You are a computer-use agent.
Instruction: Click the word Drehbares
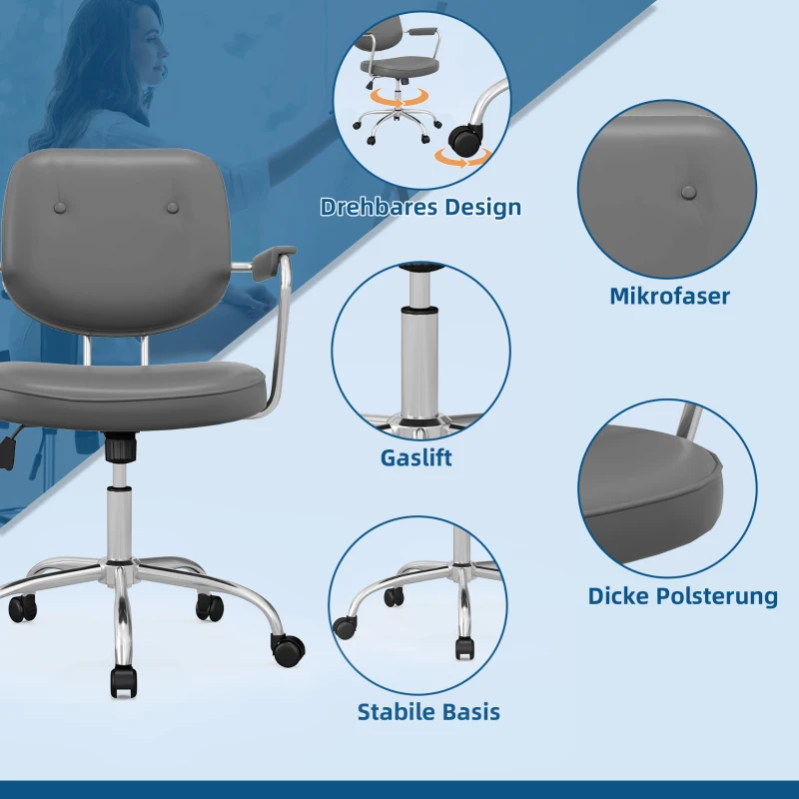(379, 207)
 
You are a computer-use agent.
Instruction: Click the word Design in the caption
(483, 208)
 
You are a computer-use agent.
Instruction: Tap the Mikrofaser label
(669, 296)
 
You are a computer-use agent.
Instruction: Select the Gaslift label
(415, 457)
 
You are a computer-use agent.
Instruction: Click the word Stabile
(393, 712)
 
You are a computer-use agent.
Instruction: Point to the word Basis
(467, 712)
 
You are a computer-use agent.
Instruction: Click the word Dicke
(616, 595)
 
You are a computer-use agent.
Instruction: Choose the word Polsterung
(714, 596)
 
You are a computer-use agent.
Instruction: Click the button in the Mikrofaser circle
(688, 192)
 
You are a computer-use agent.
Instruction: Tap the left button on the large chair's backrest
(60, 208)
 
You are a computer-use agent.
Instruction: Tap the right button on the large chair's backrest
(173, 208)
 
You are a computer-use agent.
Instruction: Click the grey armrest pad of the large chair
(274, 262)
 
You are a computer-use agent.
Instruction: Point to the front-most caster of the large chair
(124, 682)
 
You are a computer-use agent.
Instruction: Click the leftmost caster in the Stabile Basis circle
(345, 627)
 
